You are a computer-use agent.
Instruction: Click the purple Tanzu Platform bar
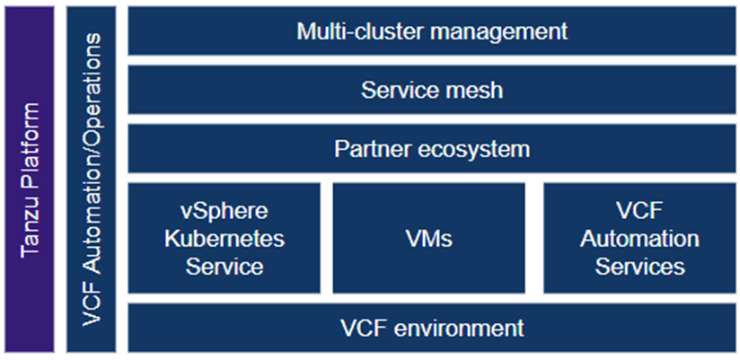(x=31, y=180)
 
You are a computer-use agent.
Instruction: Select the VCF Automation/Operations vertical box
(x=91, y=180)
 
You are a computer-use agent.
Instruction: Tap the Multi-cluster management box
(x=431, y=31)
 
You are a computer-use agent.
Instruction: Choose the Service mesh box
(x=431, y=90)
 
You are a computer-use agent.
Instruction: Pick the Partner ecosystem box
(x=431, y=148)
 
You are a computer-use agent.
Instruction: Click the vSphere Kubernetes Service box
(x=225, y=239)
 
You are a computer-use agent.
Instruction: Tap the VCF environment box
(x=431, y=327)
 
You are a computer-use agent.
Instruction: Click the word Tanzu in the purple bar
(x=31, y=230)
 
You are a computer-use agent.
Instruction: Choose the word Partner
(x=368, y=148)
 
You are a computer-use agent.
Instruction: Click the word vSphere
(x=225, y=213)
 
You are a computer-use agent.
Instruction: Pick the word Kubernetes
(x=225, y=239)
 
